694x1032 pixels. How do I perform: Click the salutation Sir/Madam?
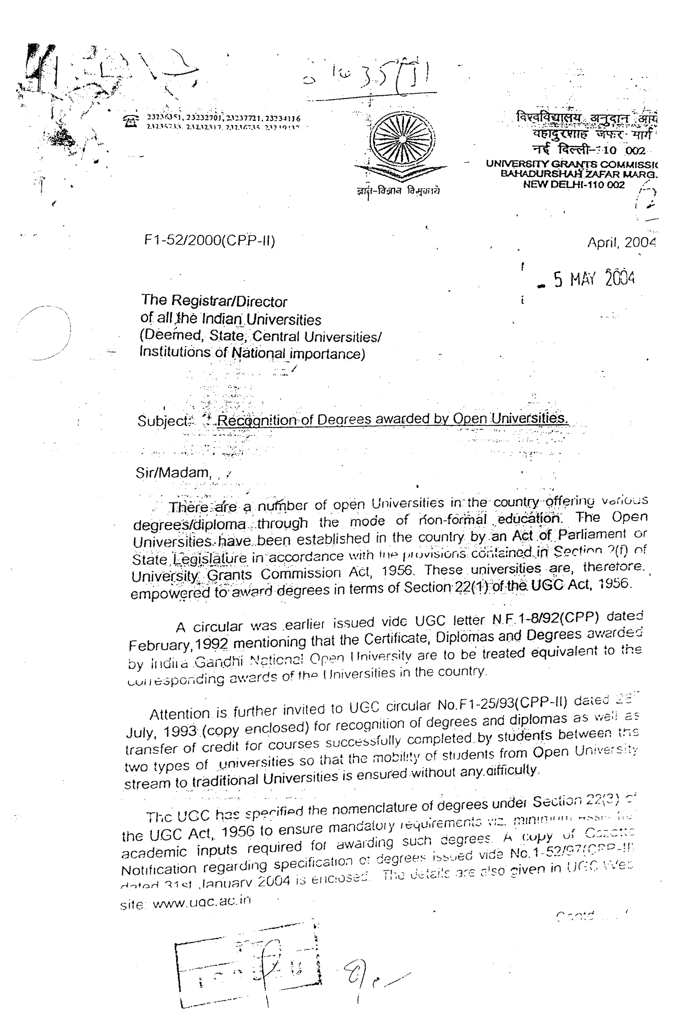pyautogui.click(x=173, y=473)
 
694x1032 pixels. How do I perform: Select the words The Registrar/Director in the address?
pyautogui.click(x=214, y=301)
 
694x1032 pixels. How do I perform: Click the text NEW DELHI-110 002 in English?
pyautogui.click(x=574, y=185)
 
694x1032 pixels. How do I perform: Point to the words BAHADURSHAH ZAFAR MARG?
pyautogui.click(x=579, y=174)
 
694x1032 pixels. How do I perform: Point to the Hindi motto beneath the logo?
pyautogui.click(x=398, y=191)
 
